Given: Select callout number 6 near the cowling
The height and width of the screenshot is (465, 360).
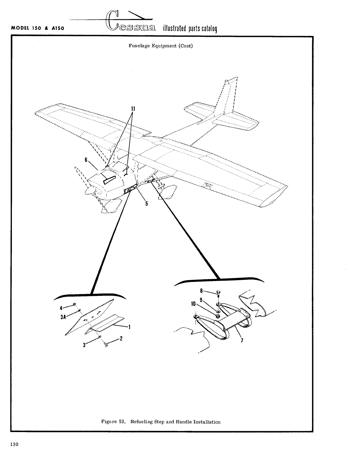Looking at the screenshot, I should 86,160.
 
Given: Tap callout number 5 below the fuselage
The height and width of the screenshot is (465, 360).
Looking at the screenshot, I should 146,204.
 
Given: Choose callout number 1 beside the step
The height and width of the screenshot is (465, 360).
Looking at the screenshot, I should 130,327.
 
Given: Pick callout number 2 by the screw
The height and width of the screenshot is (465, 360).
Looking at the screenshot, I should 121,339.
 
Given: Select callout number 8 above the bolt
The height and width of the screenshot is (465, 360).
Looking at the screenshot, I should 201,291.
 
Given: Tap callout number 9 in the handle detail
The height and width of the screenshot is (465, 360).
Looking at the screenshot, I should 201,300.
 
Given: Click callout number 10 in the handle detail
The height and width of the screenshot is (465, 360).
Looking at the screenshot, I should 193,304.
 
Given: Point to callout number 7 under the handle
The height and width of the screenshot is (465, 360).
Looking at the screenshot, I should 242,341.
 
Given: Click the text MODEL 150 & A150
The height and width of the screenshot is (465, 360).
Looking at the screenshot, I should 38,28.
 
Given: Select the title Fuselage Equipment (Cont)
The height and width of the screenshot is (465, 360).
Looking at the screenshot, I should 161,46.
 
